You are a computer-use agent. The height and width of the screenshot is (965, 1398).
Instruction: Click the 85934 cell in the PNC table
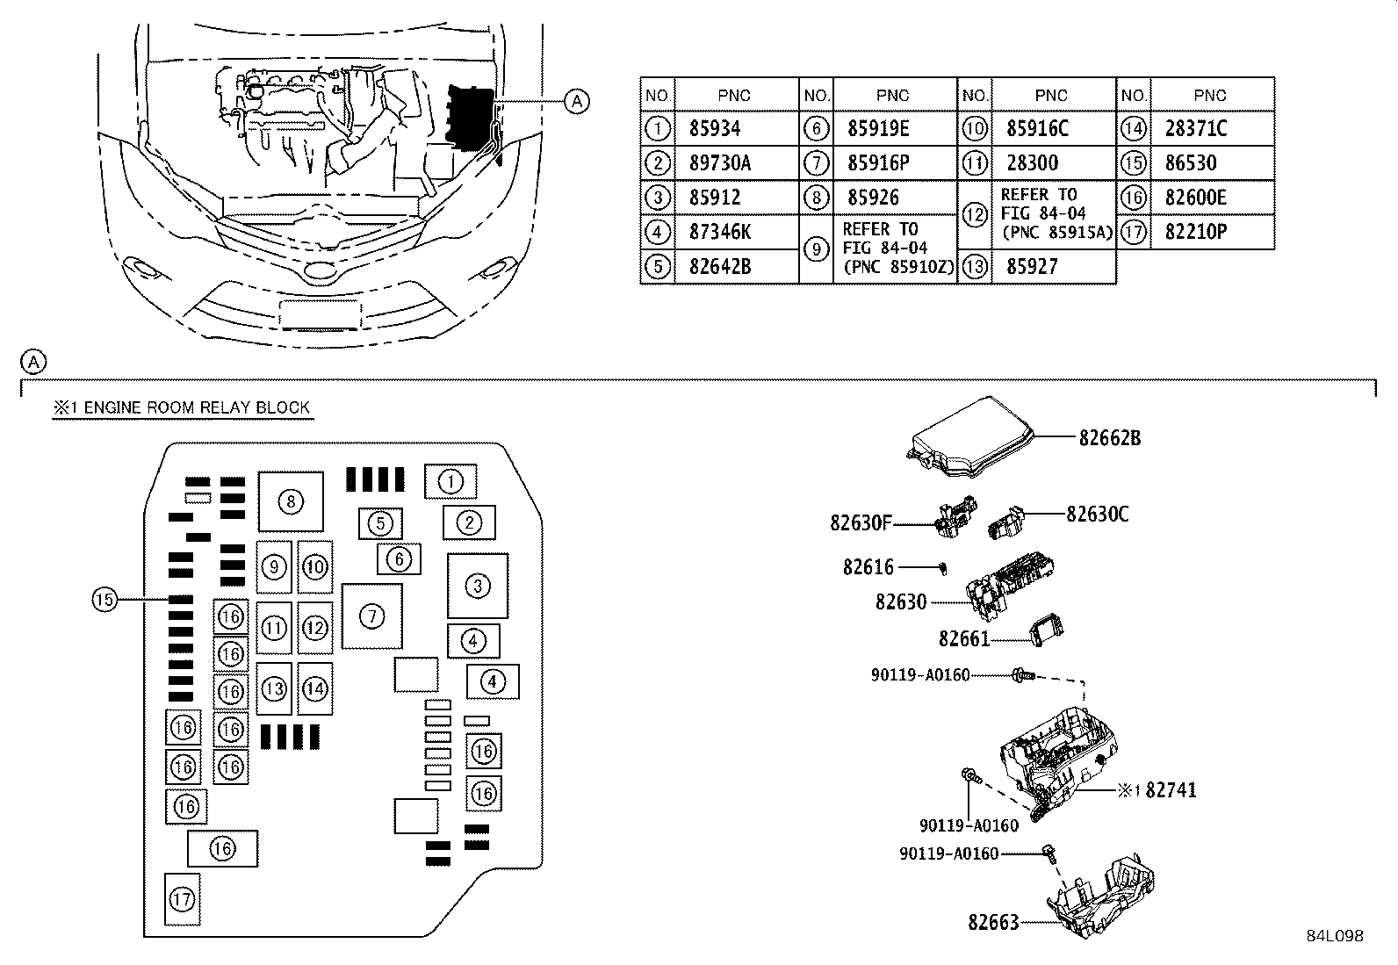click(x=715, y=129)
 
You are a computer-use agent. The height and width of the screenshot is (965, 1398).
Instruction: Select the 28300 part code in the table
click(x=1032, y=163)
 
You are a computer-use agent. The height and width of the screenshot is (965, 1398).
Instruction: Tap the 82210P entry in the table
click(x=1195, y=233)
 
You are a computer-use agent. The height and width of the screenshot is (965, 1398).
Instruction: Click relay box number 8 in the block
click(x=291, y=501)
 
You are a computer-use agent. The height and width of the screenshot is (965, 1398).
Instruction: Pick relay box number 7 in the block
click(x=372, y=616)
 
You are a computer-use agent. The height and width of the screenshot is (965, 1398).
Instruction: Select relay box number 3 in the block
click(x=478, y=586)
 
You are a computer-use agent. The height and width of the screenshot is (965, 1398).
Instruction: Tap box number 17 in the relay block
click(x=182, y=899)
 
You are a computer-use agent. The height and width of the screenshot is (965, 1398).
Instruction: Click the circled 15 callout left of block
click(x=104, y=600)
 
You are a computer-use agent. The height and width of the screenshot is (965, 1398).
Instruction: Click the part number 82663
click(x=993, y=922)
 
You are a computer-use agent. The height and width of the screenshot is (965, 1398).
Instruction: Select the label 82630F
click(x=861, y=523)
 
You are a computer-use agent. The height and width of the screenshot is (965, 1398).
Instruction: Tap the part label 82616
click(x=868, y=567)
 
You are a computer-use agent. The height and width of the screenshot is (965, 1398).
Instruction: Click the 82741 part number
click(x=1171, y=790)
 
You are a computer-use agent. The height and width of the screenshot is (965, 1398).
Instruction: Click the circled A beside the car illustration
click(x=576, y=102)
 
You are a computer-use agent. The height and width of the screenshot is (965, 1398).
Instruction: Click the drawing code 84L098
click(x=1334, y=936)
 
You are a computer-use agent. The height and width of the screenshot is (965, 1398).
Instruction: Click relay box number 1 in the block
click(x=450, y=481)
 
